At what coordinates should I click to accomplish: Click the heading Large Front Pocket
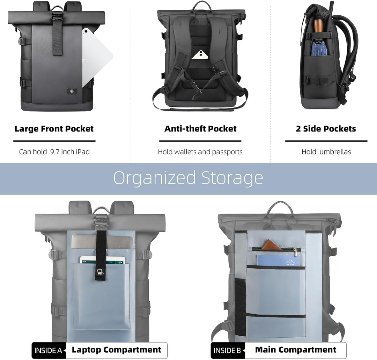(54, 129)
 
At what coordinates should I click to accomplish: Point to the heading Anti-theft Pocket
(200, 129)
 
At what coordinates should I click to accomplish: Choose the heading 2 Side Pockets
(326, 129)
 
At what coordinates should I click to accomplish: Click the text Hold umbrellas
(326, 152)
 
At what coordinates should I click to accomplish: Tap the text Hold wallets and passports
(200, 152)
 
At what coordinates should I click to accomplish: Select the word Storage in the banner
(232, 178)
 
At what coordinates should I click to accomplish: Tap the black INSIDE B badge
(228, 351)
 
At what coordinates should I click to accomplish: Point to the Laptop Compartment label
(117, 350)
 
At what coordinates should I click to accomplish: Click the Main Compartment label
(296, 350)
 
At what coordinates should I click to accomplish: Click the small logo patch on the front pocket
(72, 91)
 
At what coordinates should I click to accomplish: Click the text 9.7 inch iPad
(70, 152)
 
